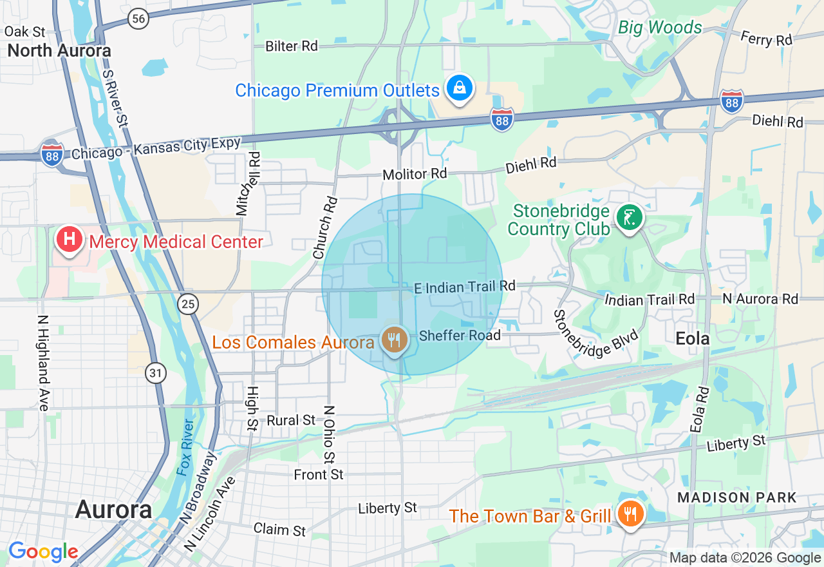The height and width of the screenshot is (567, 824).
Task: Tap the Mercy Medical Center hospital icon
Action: pos(70,240)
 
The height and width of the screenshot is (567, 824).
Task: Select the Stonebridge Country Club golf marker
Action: pos(630,217)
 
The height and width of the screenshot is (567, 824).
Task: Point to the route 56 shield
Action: pos(138,19)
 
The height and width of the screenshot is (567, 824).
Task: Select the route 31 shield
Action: pos(156,372)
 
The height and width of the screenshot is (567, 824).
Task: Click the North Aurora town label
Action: pos(59,50)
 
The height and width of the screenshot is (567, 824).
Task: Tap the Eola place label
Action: pos(693,338)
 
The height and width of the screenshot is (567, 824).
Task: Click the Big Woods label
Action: pos(660,28)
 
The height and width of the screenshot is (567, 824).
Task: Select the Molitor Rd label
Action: pos(415,174)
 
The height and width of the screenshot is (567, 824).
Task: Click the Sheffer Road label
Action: pos(459,335)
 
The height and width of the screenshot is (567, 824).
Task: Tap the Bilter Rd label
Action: pos(292,46)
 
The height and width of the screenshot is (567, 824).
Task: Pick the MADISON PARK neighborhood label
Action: pos(737,497)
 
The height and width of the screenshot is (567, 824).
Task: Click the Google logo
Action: pos(43,552)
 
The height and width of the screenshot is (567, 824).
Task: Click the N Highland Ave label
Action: pos(43,362)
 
